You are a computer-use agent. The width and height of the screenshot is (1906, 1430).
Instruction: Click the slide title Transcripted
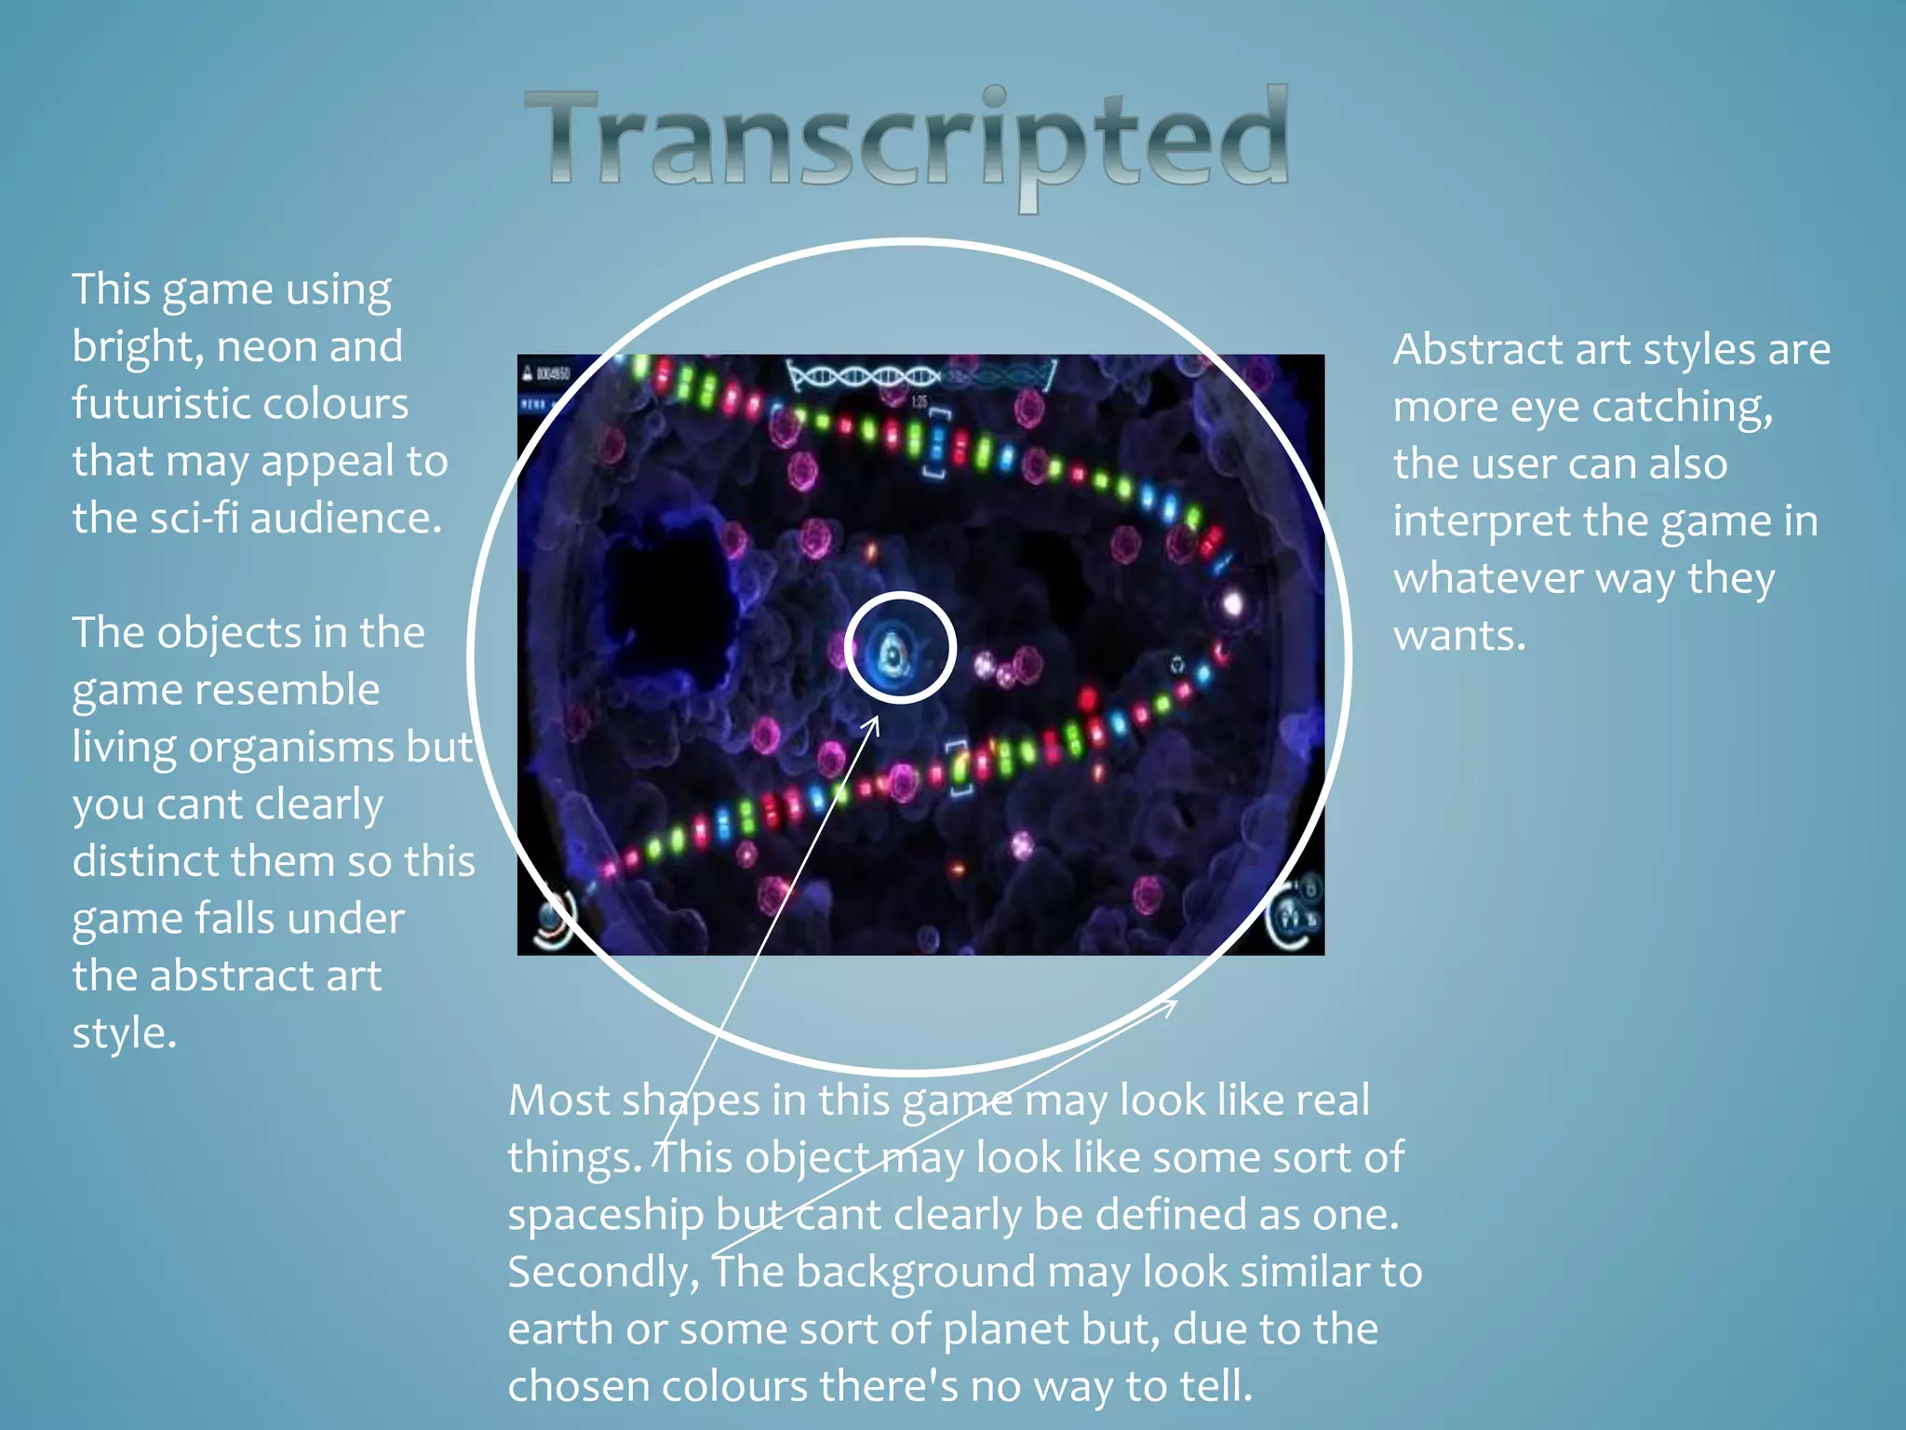tap(907, 140)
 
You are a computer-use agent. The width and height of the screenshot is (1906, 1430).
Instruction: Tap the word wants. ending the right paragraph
tap(1459, 637)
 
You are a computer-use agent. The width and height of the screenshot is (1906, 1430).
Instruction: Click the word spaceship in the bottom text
tap(605, 1216)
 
